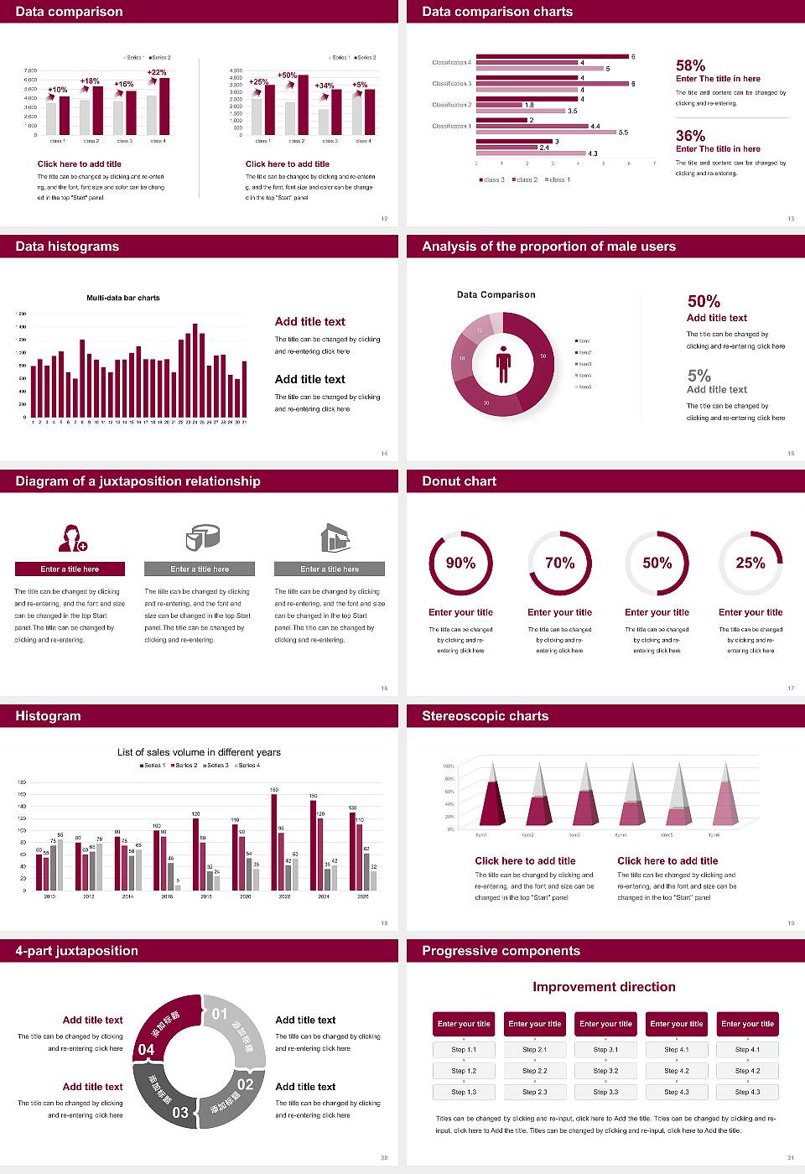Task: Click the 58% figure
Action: tap(690, 65)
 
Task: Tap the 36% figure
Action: tap(690, 136)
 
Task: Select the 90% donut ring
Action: tap(460, 563)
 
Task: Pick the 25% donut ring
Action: tap(750, 563)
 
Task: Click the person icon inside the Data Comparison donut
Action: tap(503, 363)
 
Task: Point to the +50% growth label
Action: tap(287, 75)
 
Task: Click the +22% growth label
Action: tap(157, 73)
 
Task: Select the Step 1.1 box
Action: tap(464, 1050)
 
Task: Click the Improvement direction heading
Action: tap(604, 987)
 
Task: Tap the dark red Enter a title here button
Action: tap(70, 569)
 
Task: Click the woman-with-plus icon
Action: tap(72, 538)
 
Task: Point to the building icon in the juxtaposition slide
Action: tap(335, 538)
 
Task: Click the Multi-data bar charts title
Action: tap(123, 298)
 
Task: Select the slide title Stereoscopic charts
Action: tap(485, 716)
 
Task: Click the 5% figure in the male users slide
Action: tap(699, 376)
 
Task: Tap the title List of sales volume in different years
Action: tap(199, 752)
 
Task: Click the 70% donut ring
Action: tap(559, 563)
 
